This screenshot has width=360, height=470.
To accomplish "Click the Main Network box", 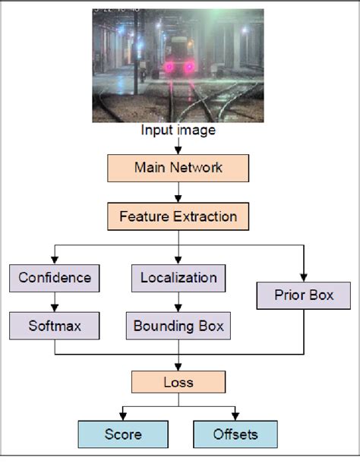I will pyautogui.click(x=178, y=168).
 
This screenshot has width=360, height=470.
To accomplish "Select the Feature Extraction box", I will pyautogui.click(x=178, y=217).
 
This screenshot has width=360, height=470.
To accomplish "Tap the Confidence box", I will pyautogui.click(x=55, y=278).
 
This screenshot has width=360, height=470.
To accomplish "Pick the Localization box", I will pyautogui.click(x=178, y=278).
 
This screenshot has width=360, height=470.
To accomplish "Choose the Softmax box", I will pyautogui.click(x=55, y=326).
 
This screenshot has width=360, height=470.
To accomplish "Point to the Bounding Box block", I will pyautogui.click(x=178, y=326).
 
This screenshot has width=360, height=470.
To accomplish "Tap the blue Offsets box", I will pyautogui.click(x=235, y=434).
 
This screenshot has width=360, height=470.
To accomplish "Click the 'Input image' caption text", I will pyautogui.click(x=178, y=131).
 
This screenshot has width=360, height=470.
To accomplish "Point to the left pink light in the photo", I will pyautogui.click(x=169, y=68).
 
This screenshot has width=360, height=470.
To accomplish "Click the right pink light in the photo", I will pyautogui.click(x=188, y=68).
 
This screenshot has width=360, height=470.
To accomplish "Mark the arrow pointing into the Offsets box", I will pyautogui.click(x=235, y=414).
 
